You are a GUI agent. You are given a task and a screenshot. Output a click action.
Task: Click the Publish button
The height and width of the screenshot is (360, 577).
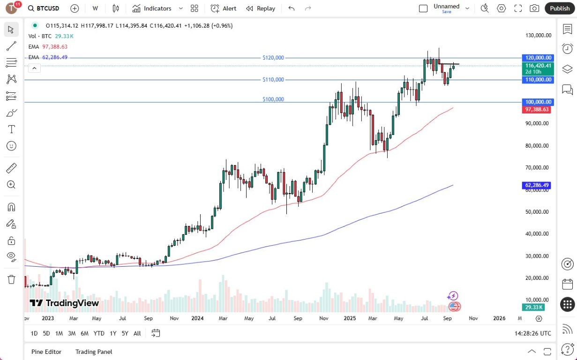[560, 8]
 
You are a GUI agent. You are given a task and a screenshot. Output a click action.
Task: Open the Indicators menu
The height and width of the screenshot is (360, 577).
[152, 8]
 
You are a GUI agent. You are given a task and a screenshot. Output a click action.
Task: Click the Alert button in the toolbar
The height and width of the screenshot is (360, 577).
[224, 8]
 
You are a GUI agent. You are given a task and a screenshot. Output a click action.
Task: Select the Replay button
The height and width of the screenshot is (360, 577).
[261, 8]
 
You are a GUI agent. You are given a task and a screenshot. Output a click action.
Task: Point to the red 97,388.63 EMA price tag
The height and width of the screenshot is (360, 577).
[538, 109]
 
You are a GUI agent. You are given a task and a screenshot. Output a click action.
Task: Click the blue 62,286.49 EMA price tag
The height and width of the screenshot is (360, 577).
[538, 186]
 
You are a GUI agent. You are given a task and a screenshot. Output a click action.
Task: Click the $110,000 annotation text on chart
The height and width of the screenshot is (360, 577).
[273, 80]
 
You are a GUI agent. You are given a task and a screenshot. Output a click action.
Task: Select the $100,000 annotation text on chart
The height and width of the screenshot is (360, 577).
[273, 99]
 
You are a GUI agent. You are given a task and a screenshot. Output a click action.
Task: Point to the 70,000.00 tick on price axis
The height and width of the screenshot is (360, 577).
[537, 168]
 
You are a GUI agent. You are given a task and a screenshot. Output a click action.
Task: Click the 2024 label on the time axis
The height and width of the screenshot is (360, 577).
[197, 318]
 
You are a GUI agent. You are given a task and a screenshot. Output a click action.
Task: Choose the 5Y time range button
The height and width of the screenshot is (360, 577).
[125, 333]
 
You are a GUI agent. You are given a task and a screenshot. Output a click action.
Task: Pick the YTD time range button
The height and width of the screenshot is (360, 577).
[99, 333]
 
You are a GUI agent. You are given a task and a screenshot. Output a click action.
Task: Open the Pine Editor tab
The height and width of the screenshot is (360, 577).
[46, 352]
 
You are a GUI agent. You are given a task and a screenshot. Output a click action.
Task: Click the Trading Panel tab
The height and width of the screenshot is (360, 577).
[94, 352]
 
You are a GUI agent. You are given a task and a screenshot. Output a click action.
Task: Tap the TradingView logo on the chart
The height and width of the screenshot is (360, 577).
[65, 303]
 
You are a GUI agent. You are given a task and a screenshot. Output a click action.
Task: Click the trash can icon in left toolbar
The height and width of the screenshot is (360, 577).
[12, 279]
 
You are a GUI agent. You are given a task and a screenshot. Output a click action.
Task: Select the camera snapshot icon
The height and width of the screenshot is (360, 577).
[534, 8]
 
